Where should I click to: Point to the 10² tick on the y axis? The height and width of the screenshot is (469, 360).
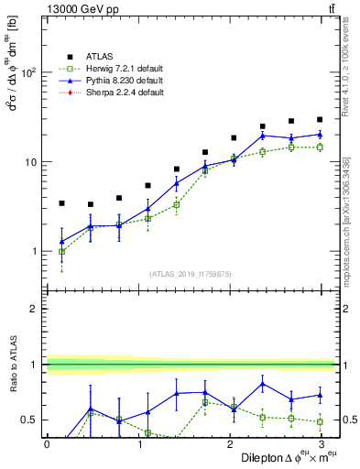click(x=31, y=72)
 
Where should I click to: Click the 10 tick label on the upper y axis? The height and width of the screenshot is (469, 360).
click(x=33, y=162)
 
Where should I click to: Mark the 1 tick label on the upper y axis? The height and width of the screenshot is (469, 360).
click(x=36, y=252)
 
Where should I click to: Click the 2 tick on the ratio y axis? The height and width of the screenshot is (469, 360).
click(x=36, y=310)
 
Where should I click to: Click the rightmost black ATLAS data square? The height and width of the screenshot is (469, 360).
click(x=320, y=119)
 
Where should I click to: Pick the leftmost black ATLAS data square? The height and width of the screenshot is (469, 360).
click(x=61, y=203)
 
